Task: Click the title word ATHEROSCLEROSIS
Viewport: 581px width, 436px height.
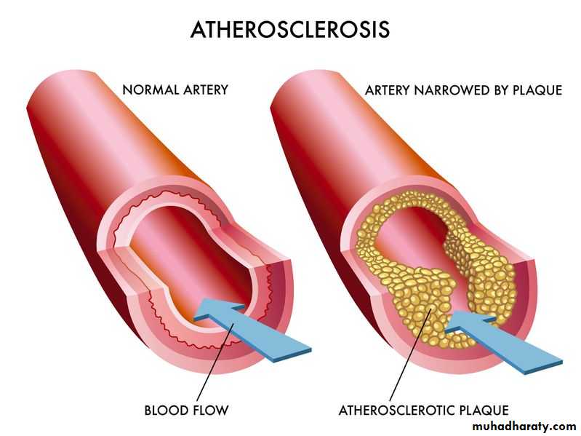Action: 289,29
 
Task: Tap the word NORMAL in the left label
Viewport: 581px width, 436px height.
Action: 148,90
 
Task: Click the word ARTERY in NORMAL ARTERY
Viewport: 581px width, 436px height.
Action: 204,90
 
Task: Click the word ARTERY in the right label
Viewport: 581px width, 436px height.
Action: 388,90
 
